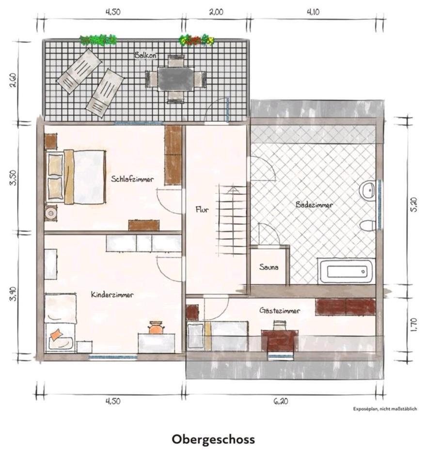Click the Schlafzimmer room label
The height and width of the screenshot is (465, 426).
tap(132, 179)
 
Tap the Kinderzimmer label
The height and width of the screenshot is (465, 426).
tap(112, 294)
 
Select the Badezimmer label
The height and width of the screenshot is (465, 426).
tap(314, 204)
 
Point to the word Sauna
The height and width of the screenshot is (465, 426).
tap(269, 267)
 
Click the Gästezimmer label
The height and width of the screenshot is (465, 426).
tap(280, 310)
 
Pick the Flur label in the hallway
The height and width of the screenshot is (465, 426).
tap(202, 210)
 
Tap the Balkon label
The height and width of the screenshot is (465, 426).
tap(145, 55)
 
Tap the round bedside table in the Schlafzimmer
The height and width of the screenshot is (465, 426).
tap(51, 213)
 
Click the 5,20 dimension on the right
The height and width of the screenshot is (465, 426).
tap(414, 204)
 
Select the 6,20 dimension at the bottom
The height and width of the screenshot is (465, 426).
tap(280, 401)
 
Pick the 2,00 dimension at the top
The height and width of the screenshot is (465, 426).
tap(216, 12)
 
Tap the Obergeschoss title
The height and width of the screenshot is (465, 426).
tap(213, 439)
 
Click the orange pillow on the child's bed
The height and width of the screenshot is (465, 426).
tap(56, 334)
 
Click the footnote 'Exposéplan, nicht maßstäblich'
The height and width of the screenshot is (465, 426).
tap(385, 409)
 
